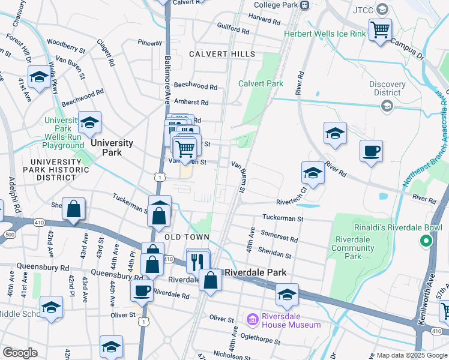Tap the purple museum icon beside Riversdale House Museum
click(252, 317)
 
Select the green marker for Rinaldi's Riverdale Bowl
click(426, 241)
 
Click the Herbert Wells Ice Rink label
click(325, 34)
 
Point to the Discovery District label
click(387, 88)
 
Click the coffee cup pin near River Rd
click(371, 151)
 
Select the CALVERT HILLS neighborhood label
click(222, 54)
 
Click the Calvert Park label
click(261, 83)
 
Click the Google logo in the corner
click(20, 353)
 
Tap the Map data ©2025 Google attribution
click(412, 355)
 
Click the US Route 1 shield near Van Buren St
click(158, 176)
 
